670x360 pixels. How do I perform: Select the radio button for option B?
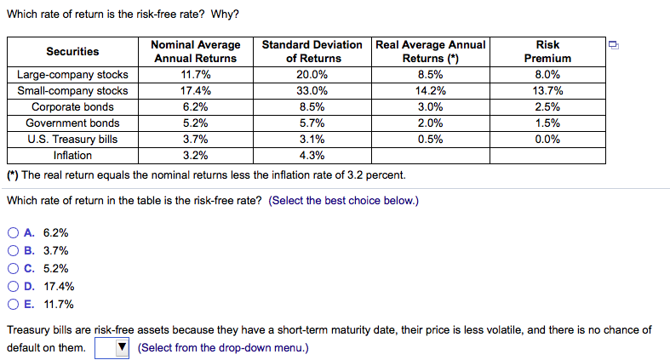[14, 251]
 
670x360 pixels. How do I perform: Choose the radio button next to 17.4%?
[14, 287]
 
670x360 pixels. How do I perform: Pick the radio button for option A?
[14, 232]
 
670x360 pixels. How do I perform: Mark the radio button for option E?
[14, 305]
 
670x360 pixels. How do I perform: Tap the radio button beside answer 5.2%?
[14, 269]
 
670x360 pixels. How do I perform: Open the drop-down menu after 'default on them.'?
[112, 347]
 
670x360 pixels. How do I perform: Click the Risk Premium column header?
[547, 51]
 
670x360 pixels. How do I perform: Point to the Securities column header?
[72, 51]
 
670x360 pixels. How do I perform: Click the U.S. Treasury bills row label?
[72, 140]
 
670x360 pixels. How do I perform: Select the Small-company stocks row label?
[72, 91]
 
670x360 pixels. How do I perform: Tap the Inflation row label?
[72, 156]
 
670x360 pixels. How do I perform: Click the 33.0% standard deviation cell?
[312, 91]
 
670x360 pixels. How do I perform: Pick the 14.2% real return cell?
[430, 91]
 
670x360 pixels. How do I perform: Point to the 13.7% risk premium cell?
[547, 91]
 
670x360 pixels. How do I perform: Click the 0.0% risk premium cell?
[547, 140]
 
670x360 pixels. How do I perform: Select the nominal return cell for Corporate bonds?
[197, 107]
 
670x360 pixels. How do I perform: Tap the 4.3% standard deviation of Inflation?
[312, 156]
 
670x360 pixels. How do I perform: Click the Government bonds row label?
[72, 123]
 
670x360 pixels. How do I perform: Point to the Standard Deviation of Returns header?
[312, 51]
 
